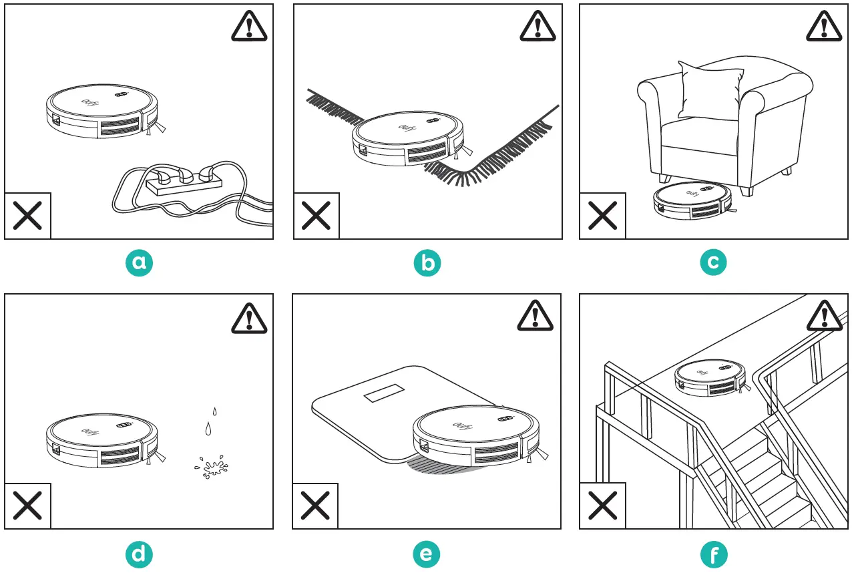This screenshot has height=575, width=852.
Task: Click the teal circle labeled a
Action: [139, 263]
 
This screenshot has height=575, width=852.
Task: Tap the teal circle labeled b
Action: [427, 263]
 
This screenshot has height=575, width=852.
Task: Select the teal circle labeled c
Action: [714, 263]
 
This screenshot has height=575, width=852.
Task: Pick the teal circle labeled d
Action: [139, 554]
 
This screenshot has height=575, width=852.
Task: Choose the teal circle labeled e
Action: [427, 554]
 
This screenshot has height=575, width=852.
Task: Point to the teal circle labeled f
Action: [714, 554]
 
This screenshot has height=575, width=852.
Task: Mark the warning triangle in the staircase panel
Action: [824, 315]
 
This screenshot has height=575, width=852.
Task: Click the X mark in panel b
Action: [316, 216]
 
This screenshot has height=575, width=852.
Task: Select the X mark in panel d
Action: [28, 506]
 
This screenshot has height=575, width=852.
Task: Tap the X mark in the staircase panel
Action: [602, 506]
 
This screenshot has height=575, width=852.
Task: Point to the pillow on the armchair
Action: [710, 89]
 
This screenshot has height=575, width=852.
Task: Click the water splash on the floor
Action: [212, 467]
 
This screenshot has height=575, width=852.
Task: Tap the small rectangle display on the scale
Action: [384, 394]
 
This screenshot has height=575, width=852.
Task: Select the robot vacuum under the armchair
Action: [692, 201]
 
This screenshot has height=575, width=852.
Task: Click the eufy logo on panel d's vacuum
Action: [89, 431]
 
